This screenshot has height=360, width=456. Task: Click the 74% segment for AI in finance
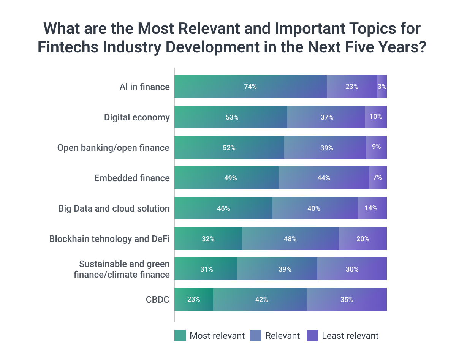(250, 87)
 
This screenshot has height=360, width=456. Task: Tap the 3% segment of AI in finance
(382, 87)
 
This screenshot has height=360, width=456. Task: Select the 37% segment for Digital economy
(326, 117)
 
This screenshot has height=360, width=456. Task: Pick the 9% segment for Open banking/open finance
(376, 147)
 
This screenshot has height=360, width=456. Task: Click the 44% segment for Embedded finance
(324, 178)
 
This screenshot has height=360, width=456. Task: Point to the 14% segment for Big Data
(372, 208)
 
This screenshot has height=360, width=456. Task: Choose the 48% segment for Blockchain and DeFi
(290, 238)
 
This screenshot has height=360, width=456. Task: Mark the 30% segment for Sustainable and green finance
(352, 269)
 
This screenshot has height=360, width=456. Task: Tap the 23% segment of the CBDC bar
(194, 299)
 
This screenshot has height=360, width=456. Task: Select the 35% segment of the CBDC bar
(347, 299)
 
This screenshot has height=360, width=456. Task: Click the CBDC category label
(158, 299)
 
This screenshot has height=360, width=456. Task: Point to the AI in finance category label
(144, 87)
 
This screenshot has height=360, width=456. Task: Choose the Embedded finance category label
(132, 178)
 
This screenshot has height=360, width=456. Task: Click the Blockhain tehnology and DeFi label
(109, 239)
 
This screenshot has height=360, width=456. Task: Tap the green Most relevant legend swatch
(180, 335)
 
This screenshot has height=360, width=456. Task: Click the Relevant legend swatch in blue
(255, 335)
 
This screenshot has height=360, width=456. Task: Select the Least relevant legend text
(350, 336)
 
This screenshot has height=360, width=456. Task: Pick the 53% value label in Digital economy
(231, 117)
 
